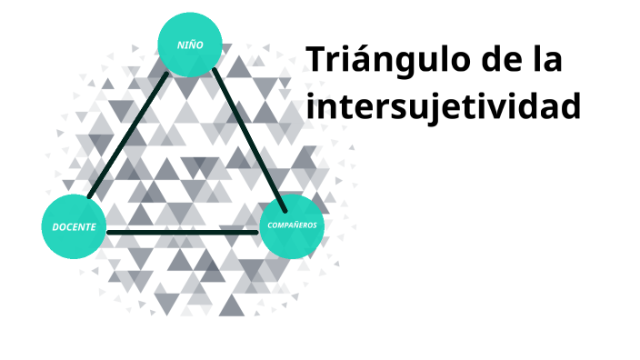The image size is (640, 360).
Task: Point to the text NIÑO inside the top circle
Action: pos(190,45)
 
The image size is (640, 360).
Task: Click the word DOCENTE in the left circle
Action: pos(74,226)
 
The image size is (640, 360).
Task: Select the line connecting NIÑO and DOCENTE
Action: pos(127,135)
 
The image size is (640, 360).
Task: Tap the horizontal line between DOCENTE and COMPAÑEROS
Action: pos(182,233)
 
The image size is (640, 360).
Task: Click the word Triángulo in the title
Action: pos(381,62)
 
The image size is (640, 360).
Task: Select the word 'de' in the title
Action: pos(499,61)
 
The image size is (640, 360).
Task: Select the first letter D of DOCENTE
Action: pos(55,226)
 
